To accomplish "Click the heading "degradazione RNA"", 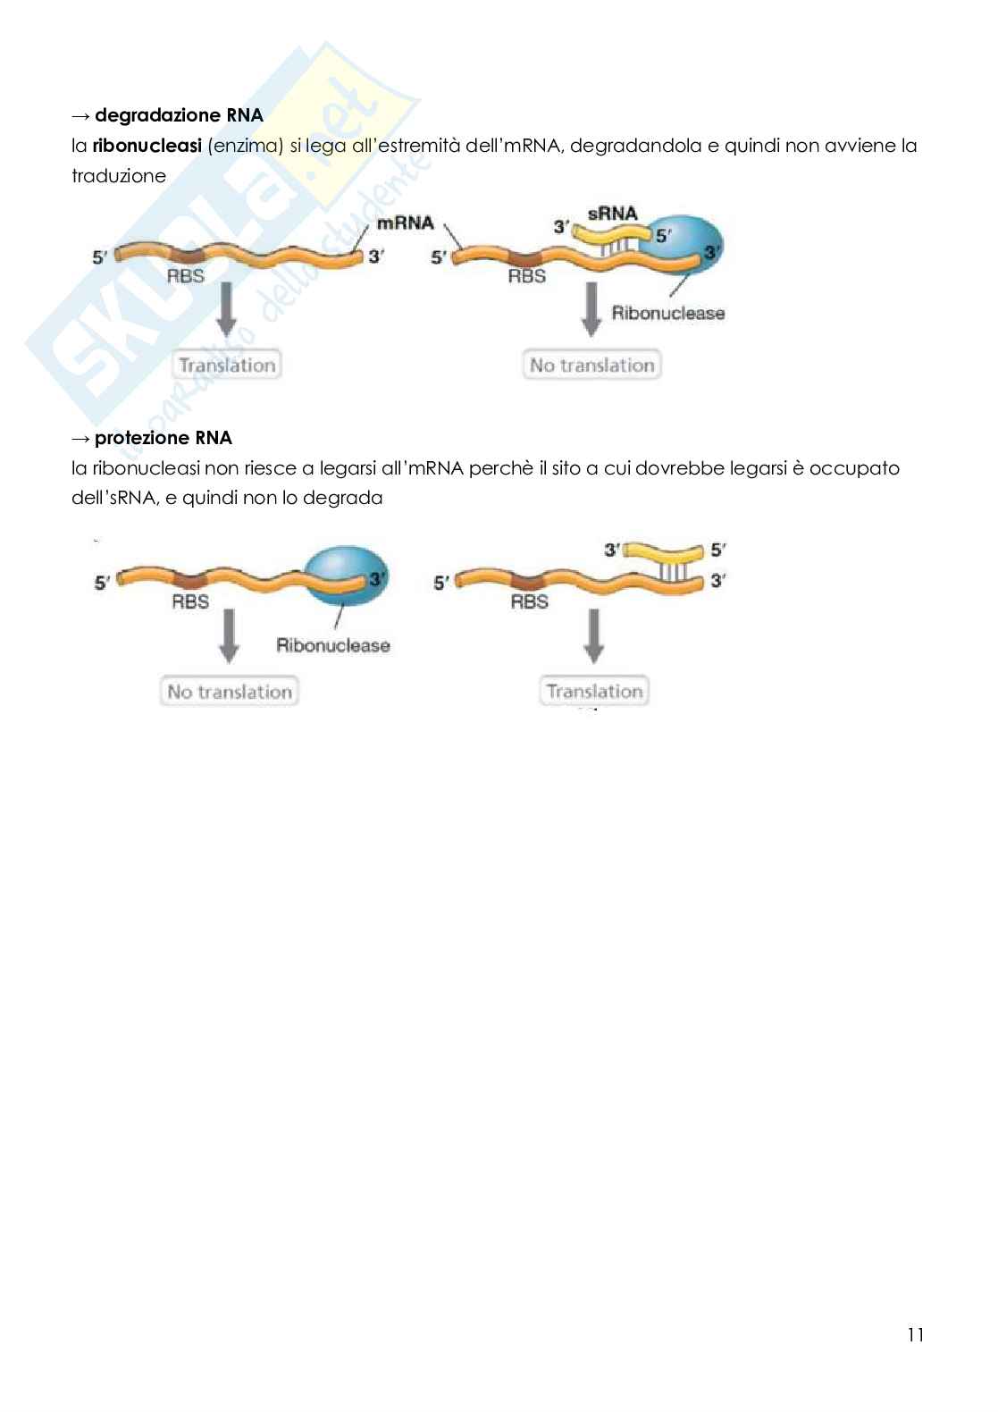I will tap(179, 115).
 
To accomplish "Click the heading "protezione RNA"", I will tap(163, 438).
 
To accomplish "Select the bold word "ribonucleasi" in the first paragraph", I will tap(147, 146).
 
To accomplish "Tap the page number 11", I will tap(915, 1335).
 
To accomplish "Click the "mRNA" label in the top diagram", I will tap(405, 223).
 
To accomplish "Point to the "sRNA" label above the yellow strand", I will tap(612, 214).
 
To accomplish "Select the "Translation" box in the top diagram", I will tap(227, 365).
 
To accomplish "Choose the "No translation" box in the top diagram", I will tap(591, 365).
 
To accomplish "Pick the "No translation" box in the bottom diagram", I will tap(230, 692).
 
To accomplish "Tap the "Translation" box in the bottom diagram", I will tap(594, 691).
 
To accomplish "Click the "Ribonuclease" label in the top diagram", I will tap(667, 313).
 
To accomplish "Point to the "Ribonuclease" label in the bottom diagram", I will tap(332, 645).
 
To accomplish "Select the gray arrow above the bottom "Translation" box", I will tap(594, 639).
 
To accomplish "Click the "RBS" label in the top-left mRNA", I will tap(186, 276).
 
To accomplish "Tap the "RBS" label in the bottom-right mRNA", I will tap(529, 601).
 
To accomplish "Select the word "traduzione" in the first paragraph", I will tap(119, 176).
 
